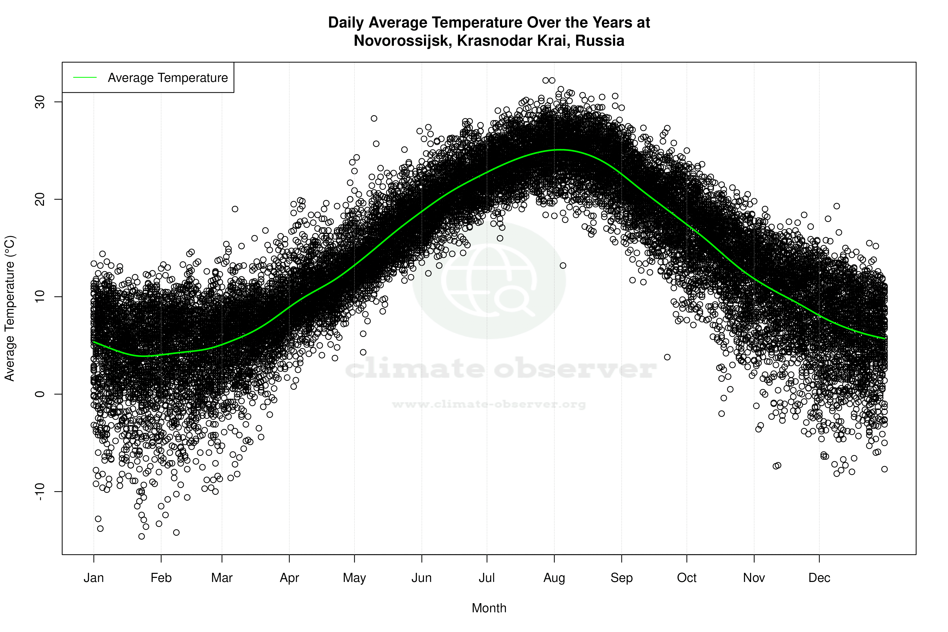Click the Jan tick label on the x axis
click(94, 578)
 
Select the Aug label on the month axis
click(554, 578)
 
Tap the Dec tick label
click(819, 578)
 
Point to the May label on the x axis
click(354, 578)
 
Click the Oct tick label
click(686, 578)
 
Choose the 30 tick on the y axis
click(40, 102)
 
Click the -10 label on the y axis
click(40, 491)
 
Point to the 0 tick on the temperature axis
click(40, 394)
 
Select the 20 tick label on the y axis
click(40, 199)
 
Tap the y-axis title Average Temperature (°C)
click(10, 308)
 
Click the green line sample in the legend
click(85, 77)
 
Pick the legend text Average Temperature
click(168, 77)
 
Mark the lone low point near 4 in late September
click(667, 357)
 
